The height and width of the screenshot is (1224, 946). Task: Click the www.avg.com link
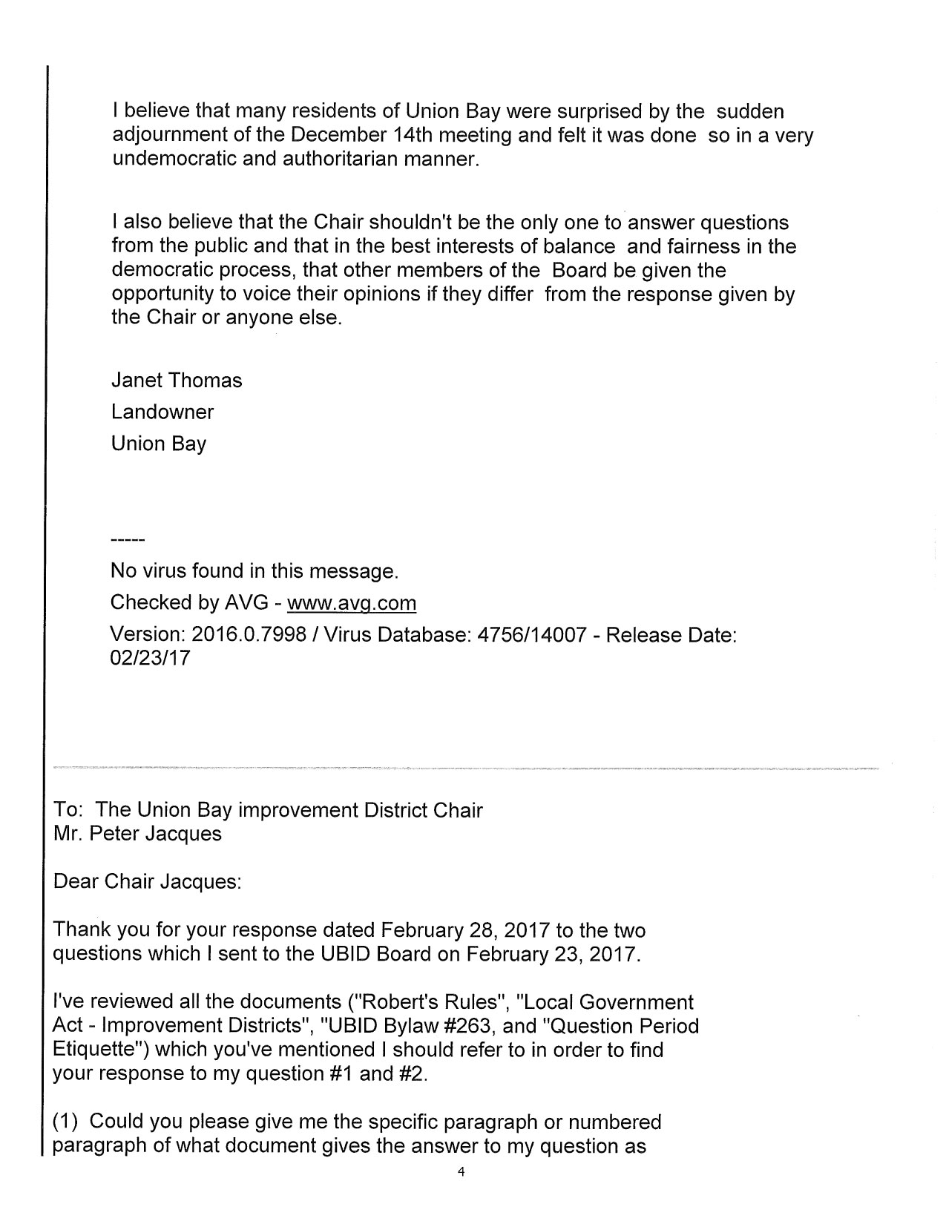pos(351,602)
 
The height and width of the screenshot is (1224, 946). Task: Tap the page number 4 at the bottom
pos(461,1193)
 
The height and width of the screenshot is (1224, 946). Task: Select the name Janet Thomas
pos(177,381)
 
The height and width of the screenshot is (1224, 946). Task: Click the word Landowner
pos(162,412)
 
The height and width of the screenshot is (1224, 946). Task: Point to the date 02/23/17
pos(150,658)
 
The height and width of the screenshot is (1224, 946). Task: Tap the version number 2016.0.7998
pos(249,635)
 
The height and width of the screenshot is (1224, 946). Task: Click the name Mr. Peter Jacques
pos(138,834)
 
